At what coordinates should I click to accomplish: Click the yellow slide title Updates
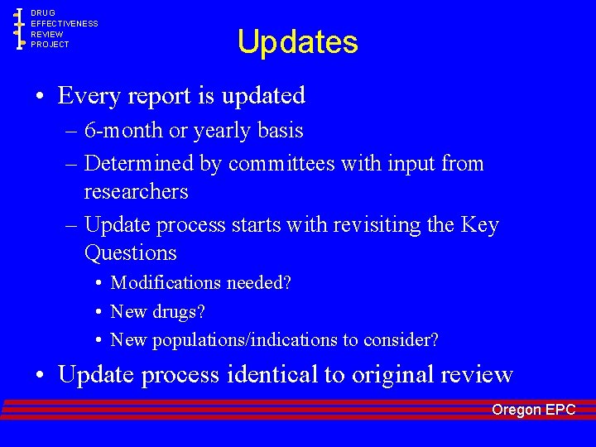tap(297, 42)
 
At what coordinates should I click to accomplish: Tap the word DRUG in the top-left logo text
tap(43, 13)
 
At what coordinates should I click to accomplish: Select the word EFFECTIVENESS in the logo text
tap(65, 24)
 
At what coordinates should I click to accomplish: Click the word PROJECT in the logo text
tap(50, 45)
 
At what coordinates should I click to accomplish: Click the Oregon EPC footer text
tap(533, 410)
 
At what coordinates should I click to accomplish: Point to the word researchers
tap(136, 192)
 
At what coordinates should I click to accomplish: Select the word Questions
tap(131, 252)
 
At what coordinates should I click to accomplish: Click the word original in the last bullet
tap(392, 375)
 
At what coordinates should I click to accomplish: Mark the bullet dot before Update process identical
tap(40, 376)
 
